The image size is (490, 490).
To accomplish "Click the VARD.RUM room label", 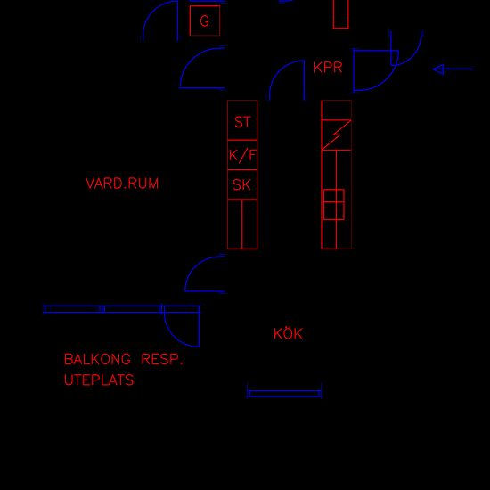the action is (122, 184).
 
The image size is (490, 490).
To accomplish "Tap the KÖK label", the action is (288, 333).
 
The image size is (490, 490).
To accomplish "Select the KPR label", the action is (328, 68).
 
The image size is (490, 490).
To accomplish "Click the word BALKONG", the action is (97, 359).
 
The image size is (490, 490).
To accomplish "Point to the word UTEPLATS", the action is (99, 380).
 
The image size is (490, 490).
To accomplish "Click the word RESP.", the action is (162, 359).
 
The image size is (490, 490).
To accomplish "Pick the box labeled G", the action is (205, 20).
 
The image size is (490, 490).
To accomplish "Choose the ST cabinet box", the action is (242, 120).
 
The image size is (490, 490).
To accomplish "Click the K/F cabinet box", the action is (242, 155).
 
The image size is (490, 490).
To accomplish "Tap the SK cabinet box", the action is (242, 184).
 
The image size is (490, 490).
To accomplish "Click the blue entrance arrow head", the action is (438, 69).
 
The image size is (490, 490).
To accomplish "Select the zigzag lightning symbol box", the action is (336, 135).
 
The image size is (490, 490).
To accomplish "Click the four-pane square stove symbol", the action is (334, 204).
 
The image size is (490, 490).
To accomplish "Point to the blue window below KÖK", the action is (284, 394).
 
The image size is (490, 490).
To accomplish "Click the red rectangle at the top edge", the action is (341, 14).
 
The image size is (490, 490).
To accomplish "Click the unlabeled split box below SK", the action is (242, 225).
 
